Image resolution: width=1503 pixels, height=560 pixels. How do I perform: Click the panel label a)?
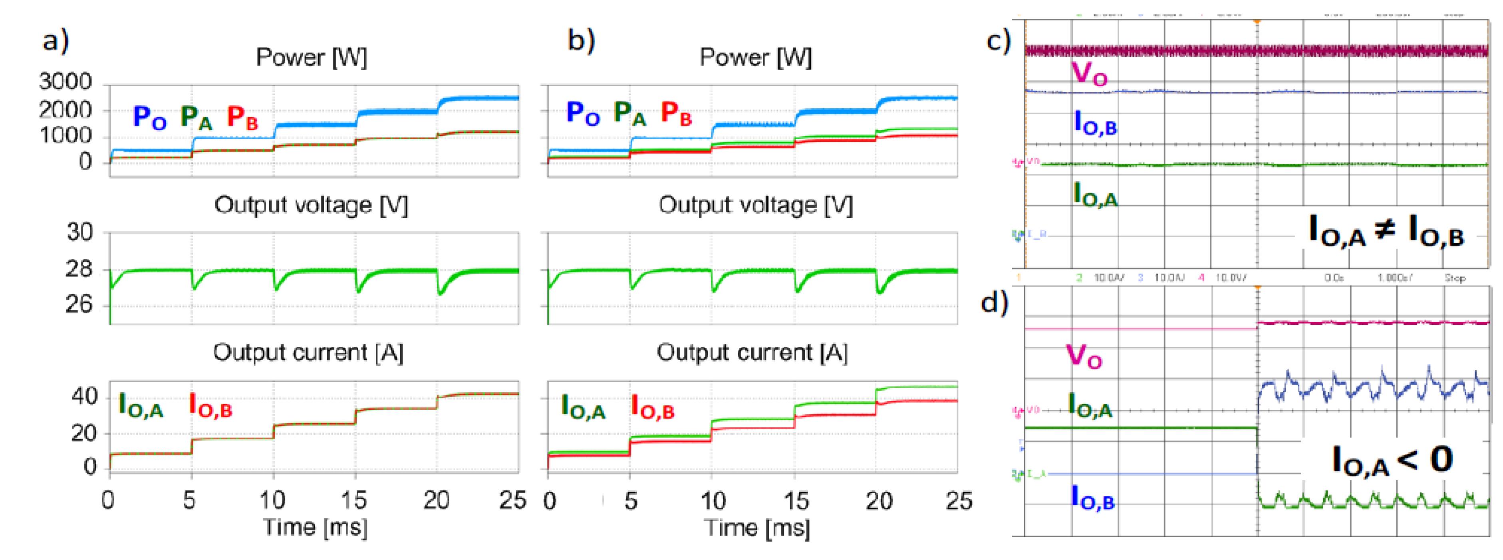click(x=56, y=41)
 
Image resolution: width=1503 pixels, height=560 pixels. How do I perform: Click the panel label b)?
click(x=581, y=41)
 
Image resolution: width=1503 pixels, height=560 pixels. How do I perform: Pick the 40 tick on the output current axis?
click(x=84, y=397)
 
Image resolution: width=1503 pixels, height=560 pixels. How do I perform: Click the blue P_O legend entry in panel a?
click(x=149, y=117)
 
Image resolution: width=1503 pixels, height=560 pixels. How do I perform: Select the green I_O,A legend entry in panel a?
click(x=141, y=405)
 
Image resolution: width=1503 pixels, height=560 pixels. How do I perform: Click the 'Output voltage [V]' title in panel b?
click(x=756, y=205)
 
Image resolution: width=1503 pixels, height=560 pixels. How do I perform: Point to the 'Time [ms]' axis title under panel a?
click(x=316, y=527)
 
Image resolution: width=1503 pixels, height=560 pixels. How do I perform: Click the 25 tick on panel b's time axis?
click(x=959, y=500)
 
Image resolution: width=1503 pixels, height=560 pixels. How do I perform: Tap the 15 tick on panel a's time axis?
click(x=353, y=500)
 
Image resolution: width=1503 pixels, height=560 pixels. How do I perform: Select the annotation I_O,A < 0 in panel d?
click(x=1392, y=461)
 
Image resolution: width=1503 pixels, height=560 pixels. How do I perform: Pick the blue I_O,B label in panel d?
click(x=1093, y=498)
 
